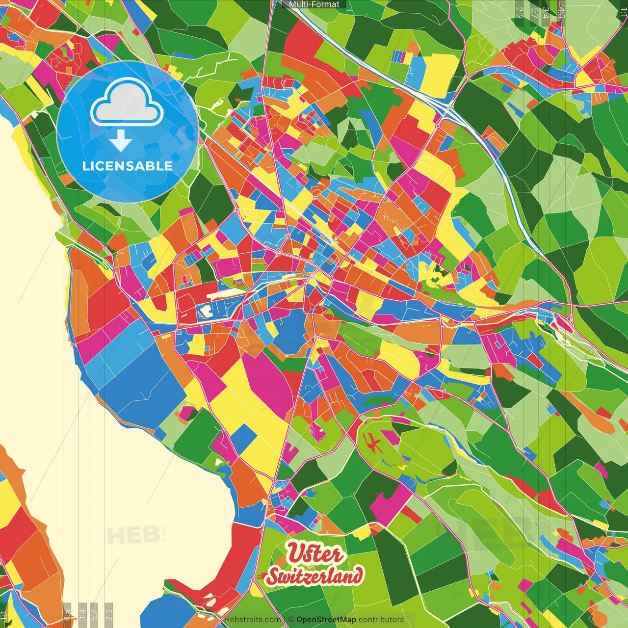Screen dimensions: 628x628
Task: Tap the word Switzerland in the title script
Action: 315,576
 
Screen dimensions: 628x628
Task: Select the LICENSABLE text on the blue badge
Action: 127,166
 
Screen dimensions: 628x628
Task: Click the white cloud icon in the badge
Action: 127,104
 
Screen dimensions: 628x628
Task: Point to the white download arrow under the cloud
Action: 121,140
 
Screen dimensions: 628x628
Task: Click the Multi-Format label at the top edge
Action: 314,4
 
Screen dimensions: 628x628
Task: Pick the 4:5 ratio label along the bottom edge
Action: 67,615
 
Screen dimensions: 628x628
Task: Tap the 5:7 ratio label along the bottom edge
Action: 94,615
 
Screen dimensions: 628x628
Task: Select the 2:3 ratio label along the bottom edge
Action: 109,615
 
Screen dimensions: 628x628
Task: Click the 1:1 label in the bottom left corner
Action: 4,616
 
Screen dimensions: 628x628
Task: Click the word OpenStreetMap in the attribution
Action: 326,620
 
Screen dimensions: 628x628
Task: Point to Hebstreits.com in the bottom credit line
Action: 252,620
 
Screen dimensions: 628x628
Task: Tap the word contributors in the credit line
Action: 381,620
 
